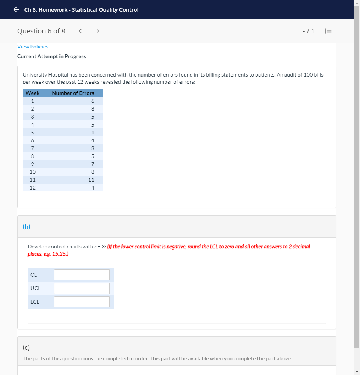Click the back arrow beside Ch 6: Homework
[16, 10]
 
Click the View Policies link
[33, 47]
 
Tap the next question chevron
[97, 31]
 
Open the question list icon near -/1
[328, 31]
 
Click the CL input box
[82, 275]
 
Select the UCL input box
[82, 288]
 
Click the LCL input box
[82, 302]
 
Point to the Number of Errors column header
[73, 93]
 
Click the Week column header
[32, 93]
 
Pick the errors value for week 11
[91, 180]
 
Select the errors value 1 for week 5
[92, 133]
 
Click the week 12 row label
[33, 188]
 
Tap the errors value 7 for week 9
[92, 164]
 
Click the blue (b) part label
[26, 226]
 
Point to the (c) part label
[26, 348]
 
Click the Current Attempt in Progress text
[51, 56]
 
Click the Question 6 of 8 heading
[41, 31]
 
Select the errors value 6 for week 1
[92, 101]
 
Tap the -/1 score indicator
[308, 31]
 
